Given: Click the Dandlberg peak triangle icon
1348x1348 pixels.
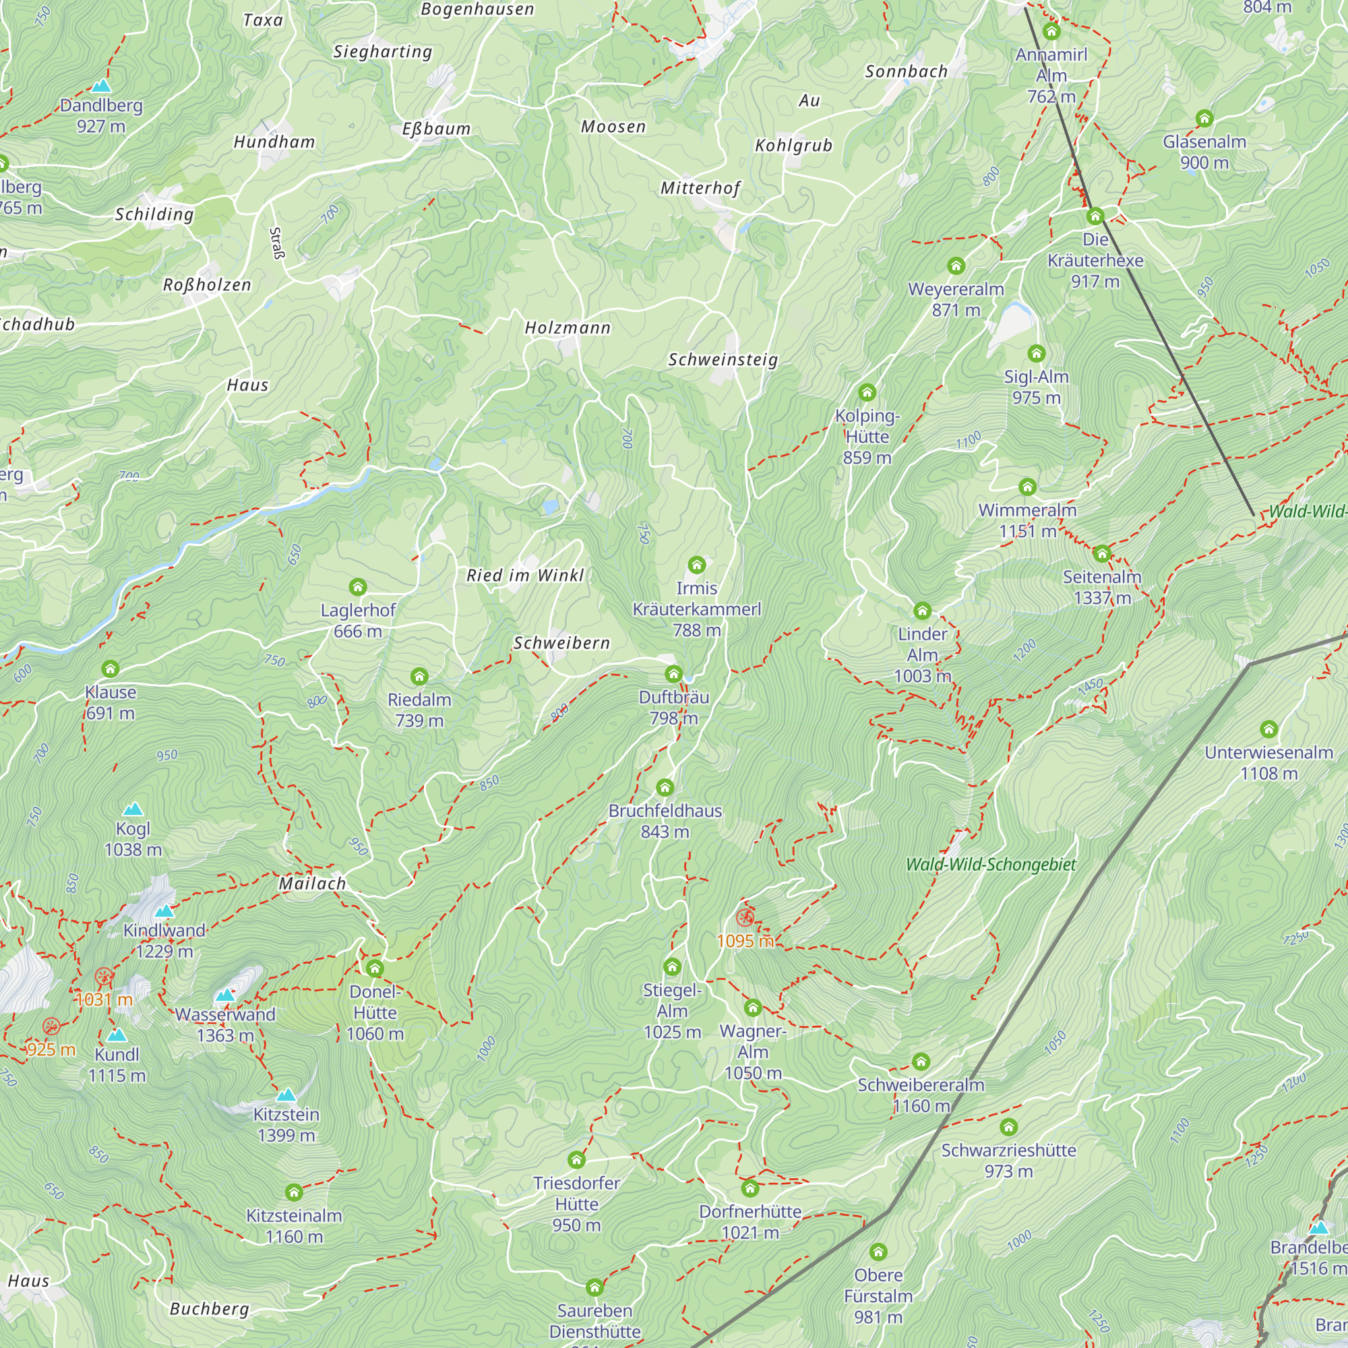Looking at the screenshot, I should point(102,86).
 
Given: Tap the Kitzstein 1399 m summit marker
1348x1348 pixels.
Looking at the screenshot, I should point(286,1095).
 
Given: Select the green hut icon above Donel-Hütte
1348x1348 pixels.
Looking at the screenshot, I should point(375,968).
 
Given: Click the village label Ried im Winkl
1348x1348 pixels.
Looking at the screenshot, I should point(524,576).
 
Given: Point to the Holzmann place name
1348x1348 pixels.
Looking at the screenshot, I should point(568,328).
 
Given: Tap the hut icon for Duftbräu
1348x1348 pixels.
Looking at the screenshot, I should point(673,674).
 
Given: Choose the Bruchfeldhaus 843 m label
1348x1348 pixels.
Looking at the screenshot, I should point(665,821).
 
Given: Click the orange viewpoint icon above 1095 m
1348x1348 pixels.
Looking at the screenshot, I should point(745,917).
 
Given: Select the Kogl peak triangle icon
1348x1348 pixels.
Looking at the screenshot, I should point(133,809).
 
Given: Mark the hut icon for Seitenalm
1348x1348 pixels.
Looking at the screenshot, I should point(1102,554).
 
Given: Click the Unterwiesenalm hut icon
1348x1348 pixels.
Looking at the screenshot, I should point(1268,730).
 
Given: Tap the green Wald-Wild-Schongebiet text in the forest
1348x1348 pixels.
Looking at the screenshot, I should point(990,865).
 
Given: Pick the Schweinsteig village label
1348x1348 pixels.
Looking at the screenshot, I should point(723,360).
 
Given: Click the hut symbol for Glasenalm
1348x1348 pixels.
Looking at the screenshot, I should point(1204,119).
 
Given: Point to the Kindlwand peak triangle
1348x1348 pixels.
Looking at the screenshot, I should point(164,911).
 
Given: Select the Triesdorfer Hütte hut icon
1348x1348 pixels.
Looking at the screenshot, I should point(576,1159).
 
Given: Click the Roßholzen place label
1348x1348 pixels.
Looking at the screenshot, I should point(206,284).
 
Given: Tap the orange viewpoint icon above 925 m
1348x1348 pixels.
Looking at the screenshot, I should point(51,1027).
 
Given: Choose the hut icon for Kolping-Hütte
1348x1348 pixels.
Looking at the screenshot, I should point(867,393).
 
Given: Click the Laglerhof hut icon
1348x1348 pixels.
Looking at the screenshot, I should point(358,587).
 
